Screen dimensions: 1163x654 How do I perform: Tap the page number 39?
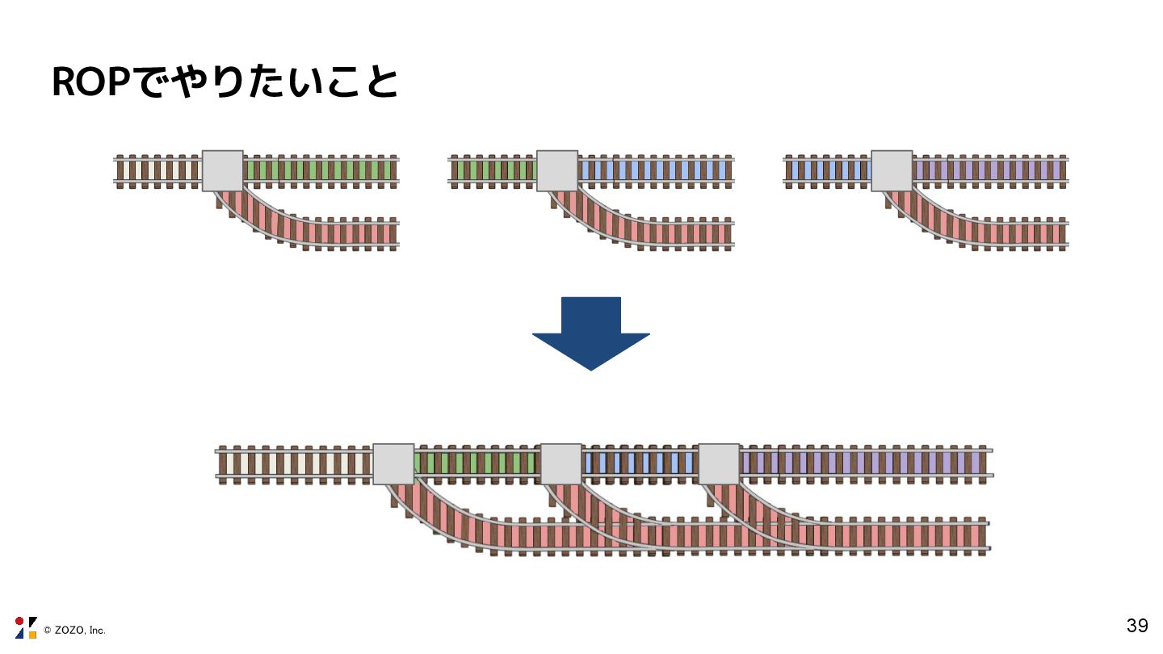[x=1137, y=626]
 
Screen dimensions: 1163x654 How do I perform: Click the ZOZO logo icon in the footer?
[x=26, y=627]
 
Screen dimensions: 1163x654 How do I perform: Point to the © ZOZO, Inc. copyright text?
[x=74, y=630]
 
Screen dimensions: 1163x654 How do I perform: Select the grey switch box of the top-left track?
[x=222, y=170]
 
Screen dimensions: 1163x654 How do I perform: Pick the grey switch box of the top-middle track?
[x=557, y=170]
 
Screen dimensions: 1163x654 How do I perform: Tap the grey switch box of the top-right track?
[x=892, y=170]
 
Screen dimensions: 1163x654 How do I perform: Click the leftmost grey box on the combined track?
[x=393, y=463]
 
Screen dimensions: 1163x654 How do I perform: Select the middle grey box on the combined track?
[x=561, y=463]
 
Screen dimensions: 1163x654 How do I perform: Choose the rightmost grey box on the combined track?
[x=719, y=463]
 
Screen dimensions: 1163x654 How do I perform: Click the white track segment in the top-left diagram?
[x=159, y=170]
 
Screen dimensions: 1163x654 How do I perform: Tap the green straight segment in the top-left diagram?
[x=320, y=170]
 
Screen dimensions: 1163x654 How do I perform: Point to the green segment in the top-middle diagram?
[x=493, y=170]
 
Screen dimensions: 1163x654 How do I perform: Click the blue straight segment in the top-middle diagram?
[x=655, y=170]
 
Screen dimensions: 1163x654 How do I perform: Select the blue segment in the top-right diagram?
[x=829, y=170]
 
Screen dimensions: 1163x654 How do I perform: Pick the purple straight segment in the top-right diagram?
[x=989, y=170]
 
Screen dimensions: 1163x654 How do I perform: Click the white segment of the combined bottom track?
[x=296, y=463]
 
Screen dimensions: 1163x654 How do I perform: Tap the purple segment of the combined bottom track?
[x=864, y=463]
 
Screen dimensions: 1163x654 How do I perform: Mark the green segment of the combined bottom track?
[x=477, y=463]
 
